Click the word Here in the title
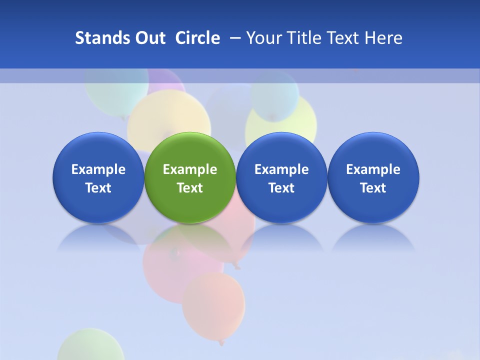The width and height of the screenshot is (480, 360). [x=384, y=38]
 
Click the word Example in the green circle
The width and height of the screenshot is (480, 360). [x=190, y=169]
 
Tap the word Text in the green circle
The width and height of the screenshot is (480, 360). [x=190, y=188]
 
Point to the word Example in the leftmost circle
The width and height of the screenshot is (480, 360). [x=98, y=169]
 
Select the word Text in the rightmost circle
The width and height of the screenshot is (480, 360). [x=373, y=188]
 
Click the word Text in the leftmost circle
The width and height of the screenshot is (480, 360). [x=98, y=188]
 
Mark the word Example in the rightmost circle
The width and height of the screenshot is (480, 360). [x=373, y=169]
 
